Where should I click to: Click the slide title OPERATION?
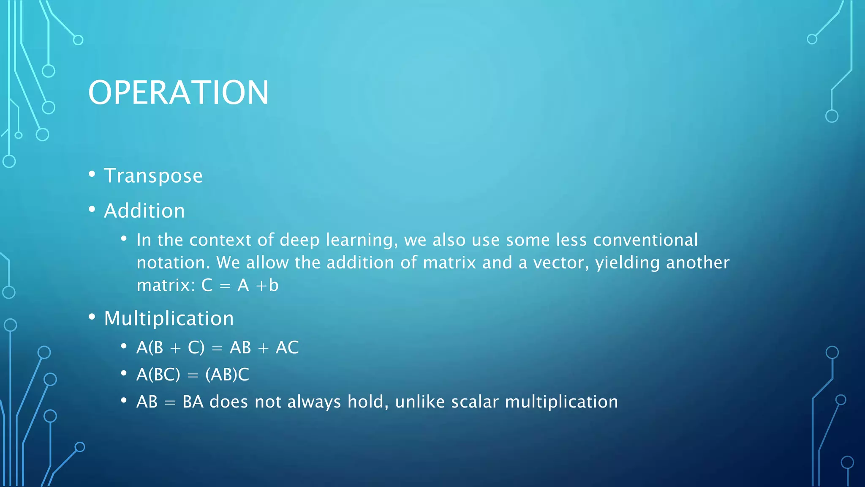(x=178, y=93)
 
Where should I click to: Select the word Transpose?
(x=153, y=176)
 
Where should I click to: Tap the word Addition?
(x=144, y=211)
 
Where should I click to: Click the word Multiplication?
(x=169, y=318)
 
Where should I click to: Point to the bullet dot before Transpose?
(x=92, y=174)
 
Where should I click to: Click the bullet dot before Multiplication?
(x=92, y=317)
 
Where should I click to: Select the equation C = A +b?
(x=240, y=285)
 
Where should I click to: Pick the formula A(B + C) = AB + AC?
(x=218, y=348)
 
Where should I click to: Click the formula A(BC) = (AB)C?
(x=193, y=375)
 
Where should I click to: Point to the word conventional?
(x=645, y=240)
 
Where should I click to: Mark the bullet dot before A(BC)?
(x=124, y=373)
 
